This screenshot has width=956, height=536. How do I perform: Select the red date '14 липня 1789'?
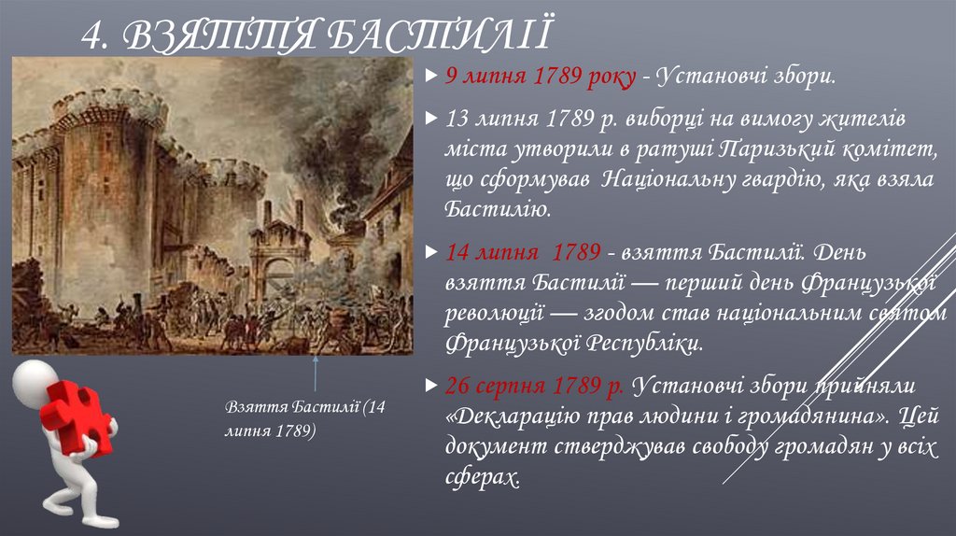point(523,253)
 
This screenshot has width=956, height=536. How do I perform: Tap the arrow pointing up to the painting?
point(316,374)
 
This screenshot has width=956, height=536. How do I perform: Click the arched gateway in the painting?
point(278,276)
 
